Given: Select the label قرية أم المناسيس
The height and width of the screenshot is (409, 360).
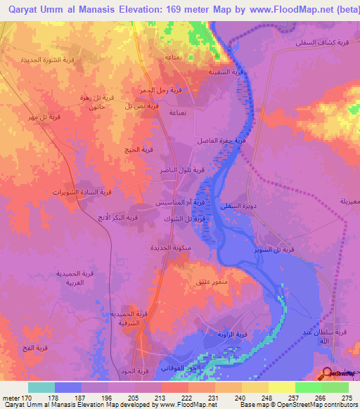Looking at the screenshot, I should tap(181, 202).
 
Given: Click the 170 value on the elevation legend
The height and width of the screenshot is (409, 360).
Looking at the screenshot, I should tap(14, 396).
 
